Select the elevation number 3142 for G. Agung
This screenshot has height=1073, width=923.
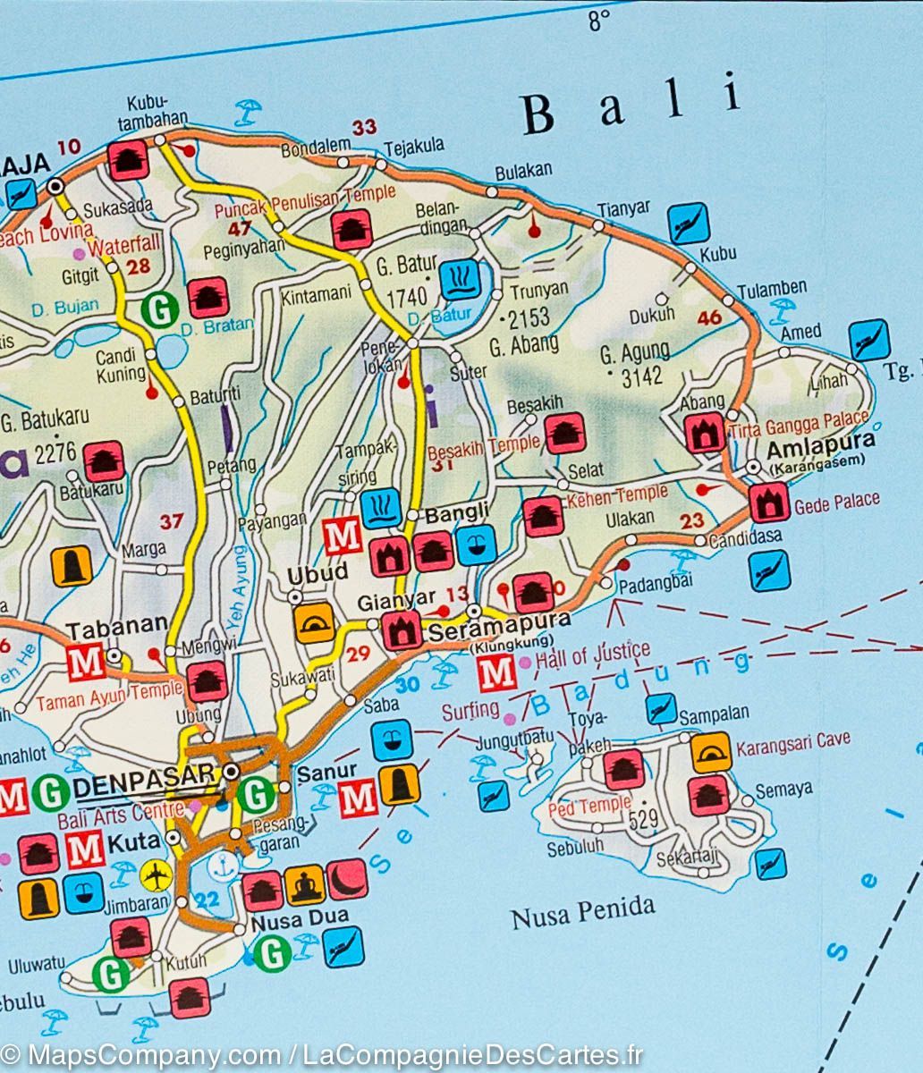pyautogui.click(x=641, y=376)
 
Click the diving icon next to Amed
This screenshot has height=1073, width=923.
pyautogui.click(x=868, y=340)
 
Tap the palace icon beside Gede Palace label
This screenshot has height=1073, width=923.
pyautogui.click(x=770, y=503)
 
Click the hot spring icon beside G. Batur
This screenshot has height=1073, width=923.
pyautogui.click(x=461, y=280)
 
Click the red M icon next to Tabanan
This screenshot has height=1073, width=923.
pyautogui.click(x=85, y=662)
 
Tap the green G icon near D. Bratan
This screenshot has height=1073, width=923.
pyautogui.click(x=160, y=310)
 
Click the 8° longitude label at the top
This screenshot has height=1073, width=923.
pyautogui.click(x=598, y=20)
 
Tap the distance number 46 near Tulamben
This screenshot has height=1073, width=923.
pyautogui.click(x=709, y=317)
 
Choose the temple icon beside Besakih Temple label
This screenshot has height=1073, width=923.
pyautogui.click(x=564, y=434)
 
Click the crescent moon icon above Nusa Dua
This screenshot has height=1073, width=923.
pyautogui.click(x=347, y=879)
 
